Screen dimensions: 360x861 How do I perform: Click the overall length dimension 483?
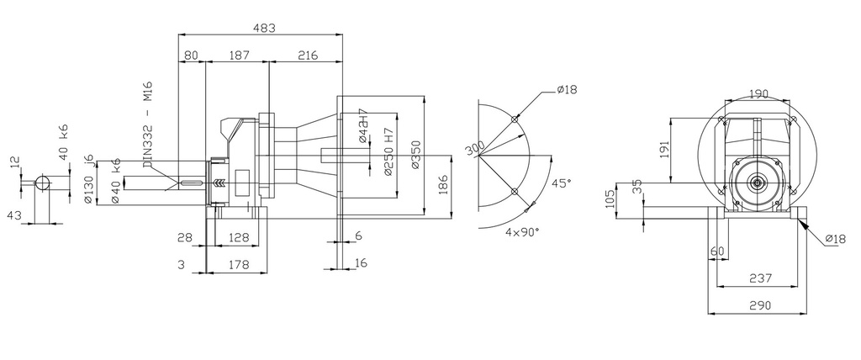[x=264, y=27]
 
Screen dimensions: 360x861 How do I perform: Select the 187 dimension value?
[x=239, y=55]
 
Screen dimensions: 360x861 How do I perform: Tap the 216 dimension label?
[x=307, y=55]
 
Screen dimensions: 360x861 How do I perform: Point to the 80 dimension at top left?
[x=191, y=55]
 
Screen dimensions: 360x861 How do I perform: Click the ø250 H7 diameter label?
[x=388, y=152]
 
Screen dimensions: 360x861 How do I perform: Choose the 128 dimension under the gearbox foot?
[x=238, y=238]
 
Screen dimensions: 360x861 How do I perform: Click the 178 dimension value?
[x=238, y=265]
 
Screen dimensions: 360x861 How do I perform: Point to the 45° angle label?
[x=561, y=183]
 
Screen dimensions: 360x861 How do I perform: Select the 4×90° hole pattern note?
[x=522, y=231]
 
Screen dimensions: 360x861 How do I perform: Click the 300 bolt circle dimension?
[x=475, y=148]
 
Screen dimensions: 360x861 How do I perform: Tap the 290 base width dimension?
[x=759, y=306]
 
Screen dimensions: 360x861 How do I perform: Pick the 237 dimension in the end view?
[x=759, y=279]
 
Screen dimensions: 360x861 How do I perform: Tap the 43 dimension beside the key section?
[x=13, y=215]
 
